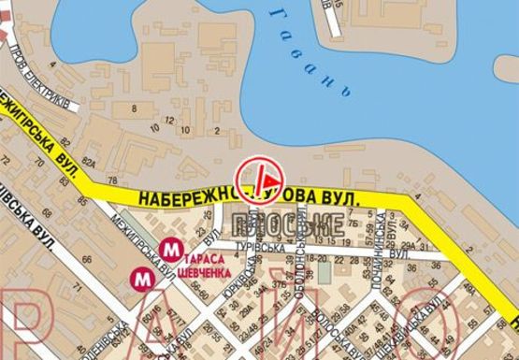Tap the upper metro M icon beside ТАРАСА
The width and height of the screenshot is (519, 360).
[x=170, y=249]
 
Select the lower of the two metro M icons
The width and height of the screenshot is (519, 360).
[x=141, y=278]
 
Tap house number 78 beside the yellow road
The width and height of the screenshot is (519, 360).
[x=111, y=180]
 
